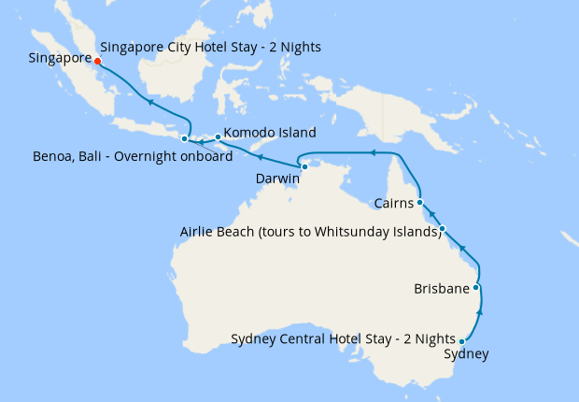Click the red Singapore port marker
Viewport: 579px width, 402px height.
(x=98, y=62)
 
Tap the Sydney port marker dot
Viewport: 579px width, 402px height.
(x=462, y=342)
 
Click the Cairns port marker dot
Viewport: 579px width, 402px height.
(x=420, y=202)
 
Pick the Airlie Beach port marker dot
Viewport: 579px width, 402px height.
(x=443, y=229)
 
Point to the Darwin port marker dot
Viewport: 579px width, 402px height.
(x=304, y=166)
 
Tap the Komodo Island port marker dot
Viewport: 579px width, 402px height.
(x=218, y=137)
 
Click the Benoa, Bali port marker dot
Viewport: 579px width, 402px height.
(x=184, y=138)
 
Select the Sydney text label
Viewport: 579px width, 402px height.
(x=465, y=354)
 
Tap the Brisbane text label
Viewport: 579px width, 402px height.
(x=441, y=289)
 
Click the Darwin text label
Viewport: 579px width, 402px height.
(x=277, y=178)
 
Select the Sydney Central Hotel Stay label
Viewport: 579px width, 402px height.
(x=343, y=337)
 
